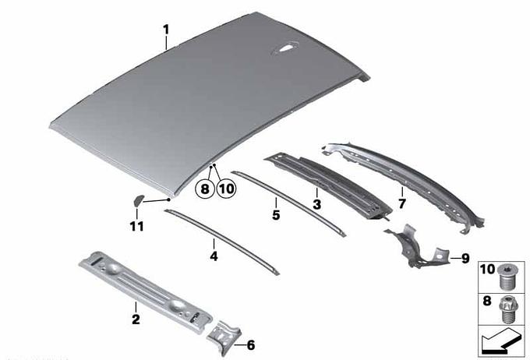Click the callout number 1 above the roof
(x=165, y=30)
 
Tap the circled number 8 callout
(x=205, y=189)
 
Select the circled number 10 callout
(x=226, y=189)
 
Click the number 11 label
(x=137, y=226)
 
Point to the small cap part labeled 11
(x=137, y=201)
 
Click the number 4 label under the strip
(x=214, y=256)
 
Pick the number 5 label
(x=276, y=214)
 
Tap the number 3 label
(x=316, y=204)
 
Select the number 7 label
(x=402, y=203)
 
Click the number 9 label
(x=465, y=259)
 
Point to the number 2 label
(x=136, y=319)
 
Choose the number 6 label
(x=251, y=345)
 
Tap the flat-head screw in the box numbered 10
(x=507, y=281)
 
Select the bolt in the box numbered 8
(x=507, y=309)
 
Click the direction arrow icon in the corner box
(x=500, y=342)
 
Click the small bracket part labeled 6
(x=224, y=337)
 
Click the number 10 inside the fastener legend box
(x=487, y=270)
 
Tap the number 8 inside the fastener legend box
(x=486, y=300)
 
